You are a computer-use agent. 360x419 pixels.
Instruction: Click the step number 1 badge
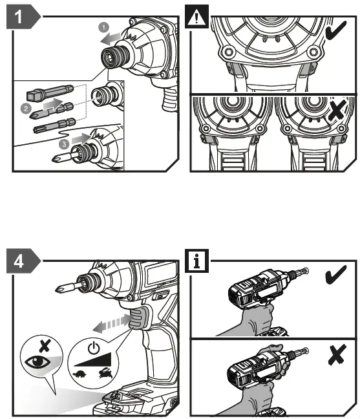click(20, 17)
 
